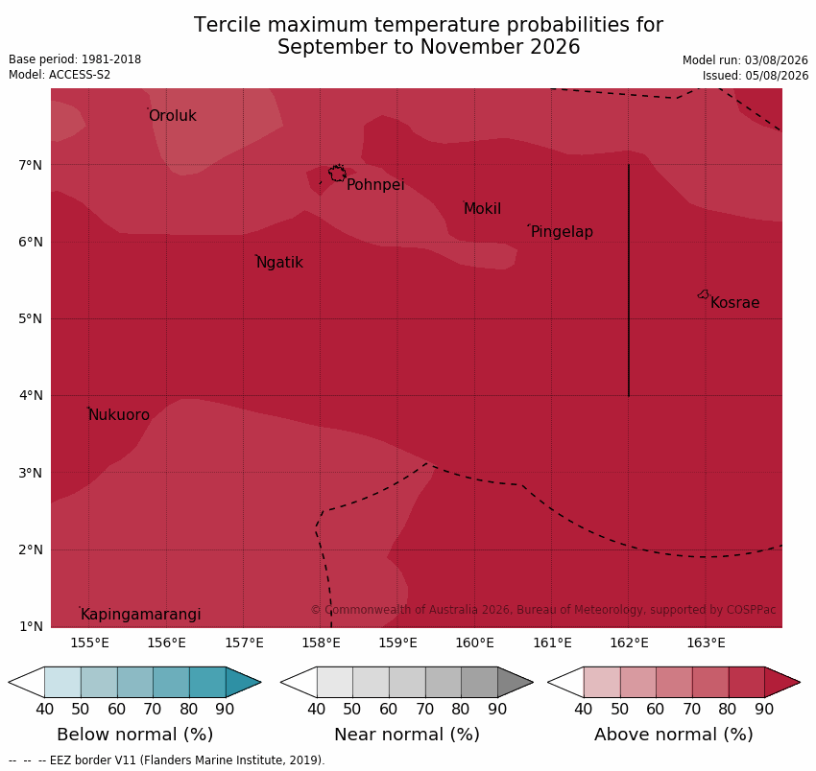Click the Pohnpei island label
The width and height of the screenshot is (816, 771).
pyautogui.click(x=375, y=184)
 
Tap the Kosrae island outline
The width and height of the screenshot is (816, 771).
pyautogui.click(x=703, y=294)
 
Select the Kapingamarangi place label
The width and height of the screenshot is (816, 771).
pyautogui.click(x=140, y=614)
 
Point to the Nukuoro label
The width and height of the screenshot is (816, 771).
pyautogui.click(x=119, y=414)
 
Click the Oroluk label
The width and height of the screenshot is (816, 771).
pyautogui.click(x=173, y=115)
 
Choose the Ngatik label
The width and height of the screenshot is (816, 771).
pyautogui.click(x=280, y=262)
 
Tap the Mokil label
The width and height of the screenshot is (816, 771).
pyautogui.click(x=483, y=208)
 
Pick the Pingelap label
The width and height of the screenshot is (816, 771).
pyautogui.click(x=562, y=231)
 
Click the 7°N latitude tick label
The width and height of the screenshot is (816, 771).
pyautogui.click(x=31, y=165)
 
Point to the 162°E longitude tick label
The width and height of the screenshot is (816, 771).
pyautogui.click(x=629, y=643)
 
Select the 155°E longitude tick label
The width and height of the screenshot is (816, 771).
pyautogui.click(x=89, y=643)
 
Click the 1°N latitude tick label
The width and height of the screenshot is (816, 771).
pyautogui.click(x=31, y=626)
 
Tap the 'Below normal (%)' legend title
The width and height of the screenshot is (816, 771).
pyautogui.click(x=134, y=735)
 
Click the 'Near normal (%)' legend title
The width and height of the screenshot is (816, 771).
pyautogui.click(x=407, y=735)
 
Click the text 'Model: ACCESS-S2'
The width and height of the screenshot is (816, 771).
pyautogui.click(x=60, y=75)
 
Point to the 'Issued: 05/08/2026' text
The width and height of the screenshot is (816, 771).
pyautogui.click(x=756, y=76)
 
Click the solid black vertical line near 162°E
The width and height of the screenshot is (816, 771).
pyautogui.click(x=629, y=280)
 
